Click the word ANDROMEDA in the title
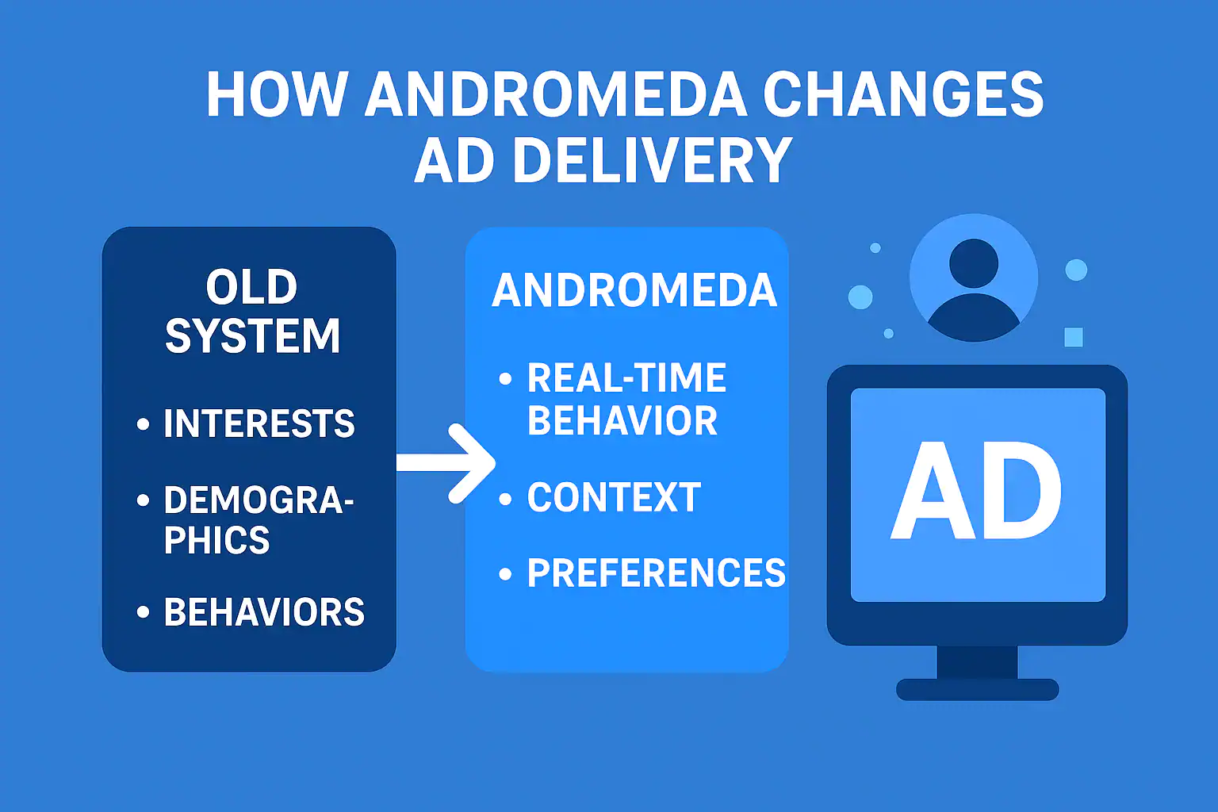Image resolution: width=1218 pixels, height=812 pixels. coord(556,94)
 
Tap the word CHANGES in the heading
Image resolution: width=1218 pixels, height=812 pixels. coord(903,94)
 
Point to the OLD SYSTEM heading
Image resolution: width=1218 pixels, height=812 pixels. coord(252,312)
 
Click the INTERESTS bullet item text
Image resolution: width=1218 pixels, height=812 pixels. coord(259,423)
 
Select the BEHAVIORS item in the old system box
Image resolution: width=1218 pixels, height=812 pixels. coord(264,612)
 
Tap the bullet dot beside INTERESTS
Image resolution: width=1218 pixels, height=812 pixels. coord(143,423)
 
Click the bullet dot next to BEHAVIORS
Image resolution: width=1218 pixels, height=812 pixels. coord(143,612)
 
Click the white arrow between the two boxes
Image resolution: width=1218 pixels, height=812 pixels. coord(446,463)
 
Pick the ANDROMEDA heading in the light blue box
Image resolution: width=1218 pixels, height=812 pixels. coord(634,290)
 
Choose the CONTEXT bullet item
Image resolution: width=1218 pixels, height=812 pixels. coord(614,497)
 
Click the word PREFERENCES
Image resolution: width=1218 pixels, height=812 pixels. coord(657,573)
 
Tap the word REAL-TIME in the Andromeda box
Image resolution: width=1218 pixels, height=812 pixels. coord(626,377)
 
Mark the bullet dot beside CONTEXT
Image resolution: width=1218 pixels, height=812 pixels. coord(505,498)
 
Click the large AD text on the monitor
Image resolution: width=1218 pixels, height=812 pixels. coord(976,491)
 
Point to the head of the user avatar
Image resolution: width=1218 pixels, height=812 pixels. coord(973,263)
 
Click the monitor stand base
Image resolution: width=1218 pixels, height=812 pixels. coord(977,689)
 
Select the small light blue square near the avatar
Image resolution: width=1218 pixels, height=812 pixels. coord(1074,337)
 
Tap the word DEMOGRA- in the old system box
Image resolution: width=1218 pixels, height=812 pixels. coord(259,500)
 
